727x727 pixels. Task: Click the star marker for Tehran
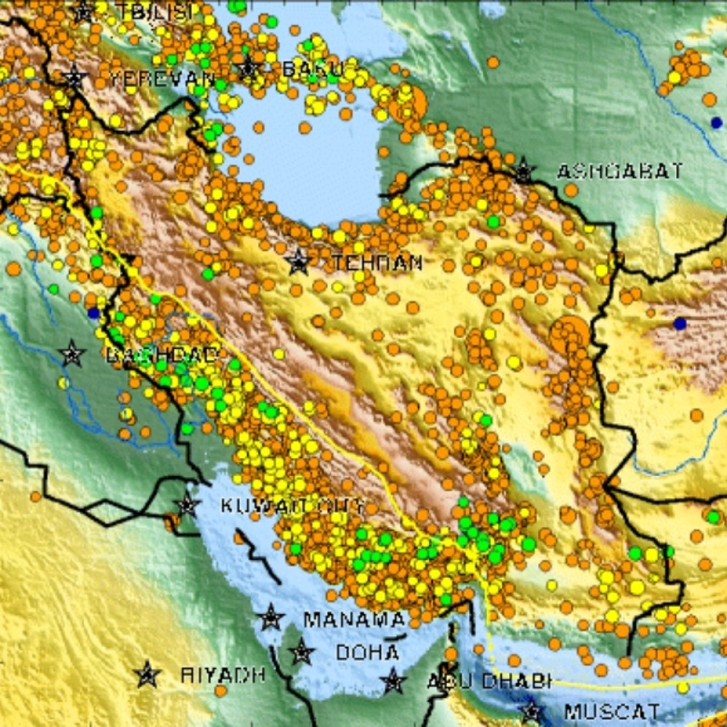[297, 262]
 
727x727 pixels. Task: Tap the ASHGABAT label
[619, 172]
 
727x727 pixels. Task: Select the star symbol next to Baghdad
[71, 354]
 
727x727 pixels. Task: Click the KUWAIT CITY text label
[291, 505]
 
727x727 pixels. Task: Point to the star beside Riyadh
[148, 675]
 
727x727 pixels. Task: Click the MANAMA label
[354, 619]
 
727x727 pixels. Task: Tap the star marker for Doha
[302, 652]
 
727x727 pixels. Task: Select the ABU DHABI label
[488, 681]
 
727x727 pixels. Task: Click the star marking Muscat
[531, 711]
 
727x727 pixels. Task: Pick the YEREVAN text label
[162, 78]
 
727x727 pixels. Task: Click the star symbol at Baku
[248, 69]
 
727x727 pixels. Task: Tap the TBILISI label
[156, 11]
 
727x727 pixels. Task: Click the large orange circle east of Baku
[407, 104]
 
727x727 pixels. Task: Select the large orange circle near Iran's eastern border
[569, 335]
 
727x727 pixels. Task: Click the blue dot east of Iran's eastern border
[680, 324]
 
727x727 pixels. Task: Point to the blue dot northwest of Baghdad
[93, 313]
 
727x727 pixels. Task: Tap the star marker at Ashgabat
[523, 172]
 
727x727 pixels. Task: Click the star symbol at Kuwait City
[187, 505]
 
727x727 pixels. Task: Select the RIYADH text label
[222, 675]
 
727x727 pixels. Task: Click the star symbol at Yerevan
[73, 76]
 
